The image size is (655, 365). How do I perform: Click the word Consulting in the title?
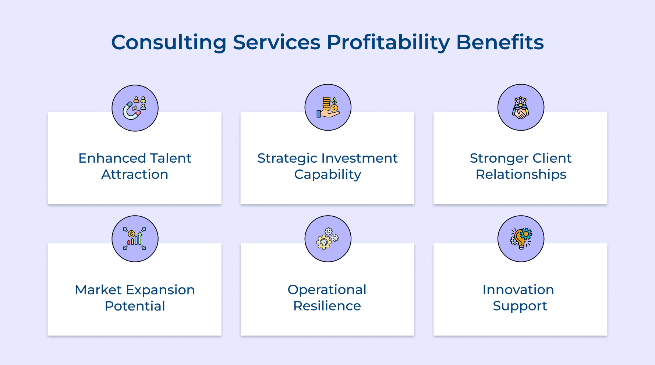click(x=169, y=42)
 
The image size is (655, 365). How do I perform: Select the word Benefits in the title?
click(x=500, y=42)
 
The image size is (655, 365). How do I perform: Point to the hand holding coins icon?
click(x=328, y=107)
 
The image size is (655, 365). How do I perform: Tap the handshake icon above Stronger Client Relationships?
click(x=521, y=107)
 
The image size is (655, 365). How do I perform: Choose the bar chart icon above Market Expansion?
click(x=135, y=239)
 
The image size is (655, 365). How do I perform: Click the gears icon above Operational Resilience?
click(x=328, y=239)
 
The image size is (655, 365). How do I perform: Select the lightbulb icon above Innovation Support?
click(x=521, y=239)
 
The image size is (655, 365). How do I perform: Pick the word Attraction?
click(x=135, y=174)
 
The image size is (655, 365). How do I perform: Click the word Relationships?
click(x=521, y=175)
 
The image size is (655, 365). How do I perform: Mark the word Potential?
click(x=135, y=306)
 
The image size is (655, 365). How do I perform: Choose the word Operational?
click(x=327, y=290)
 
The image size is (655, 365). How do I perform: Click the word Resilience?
click(x=327, y=306)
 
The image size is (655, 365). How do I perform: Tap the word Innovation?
click(x=518, y=290)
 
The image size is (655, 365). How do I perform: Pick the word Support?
click(x=520, y=306)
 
